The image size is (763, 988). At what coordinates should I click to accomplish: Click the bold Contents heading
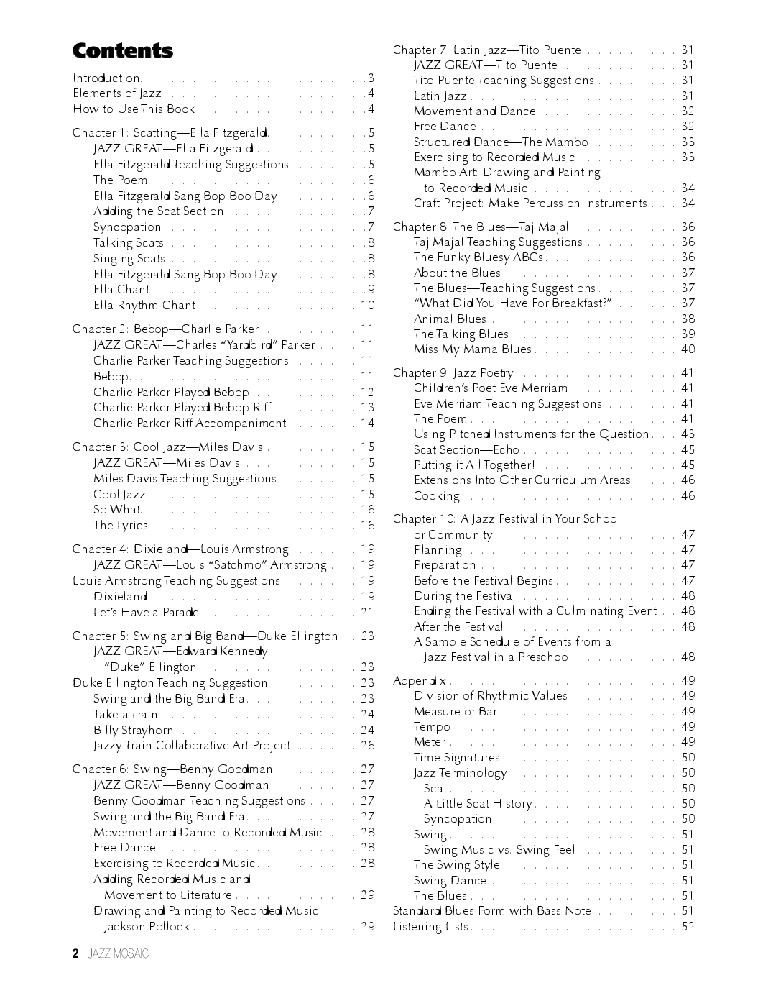click(123, 51)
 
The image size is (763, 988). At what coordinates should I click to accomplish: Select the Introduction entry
click(106, 78)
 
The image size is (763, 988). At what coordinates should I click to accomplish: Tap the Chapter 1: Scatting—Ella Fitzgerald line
click(170, 132)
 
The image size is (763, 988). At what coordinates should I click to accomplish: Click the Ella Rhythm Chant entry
click(144, 305)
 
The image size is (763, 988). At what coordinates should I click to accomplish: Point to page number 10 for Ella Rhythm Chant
click(367, 305)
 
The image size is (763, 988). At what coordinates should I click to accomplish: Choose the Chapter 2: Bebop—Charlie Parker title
click(166, 329)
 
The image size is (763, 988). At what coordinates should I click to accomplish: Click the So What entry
click(117, 509)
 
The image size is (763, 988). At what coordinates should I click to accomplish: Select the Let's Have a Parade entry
click(146, 612)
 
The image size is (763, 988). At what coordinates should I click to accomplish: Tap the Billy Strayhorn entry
click(133, 730)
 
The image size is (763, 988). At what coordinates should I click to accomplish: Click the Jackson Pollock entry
click(147, 926)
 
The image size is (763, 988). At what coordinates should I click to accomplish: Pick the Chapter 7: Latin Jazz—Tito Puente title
click(486, 50)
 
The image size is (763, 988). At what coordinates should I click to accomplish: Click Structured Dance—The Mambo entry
click(501, 142)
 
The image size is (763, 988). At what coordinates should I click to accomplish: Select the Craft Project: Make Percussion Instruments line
click(530, 203)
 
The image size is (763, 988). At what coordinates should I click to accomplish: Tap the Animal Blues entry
click(450, 319)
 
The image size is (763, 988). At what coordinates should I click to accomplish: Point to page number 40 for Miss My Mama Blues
click(688, 349)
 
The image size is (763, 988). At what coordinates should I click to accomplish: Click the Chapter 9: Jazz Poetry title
click(453, 372)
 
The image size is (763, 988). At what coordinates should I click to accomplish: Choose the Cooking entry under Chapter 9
click(437, 495)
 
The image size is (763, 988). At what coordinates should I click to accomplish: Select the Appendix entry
click(419, 680)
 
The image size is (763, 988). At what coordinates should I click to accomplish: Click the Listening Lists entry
click(430, 926)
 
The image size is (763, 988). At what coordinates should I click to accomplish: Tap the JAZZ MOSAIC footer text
click(118, 954)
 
